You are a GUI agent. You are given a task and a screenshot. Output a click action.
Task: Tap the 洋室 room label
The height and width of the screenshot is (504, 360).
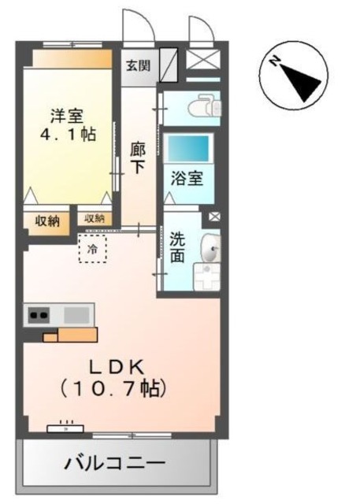pyautogui.click(x=61, y=114)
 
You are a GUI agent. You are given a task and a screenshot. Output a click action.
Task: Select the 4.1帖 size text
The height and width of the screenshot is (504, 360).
pyautogui.click(x=69, y=134)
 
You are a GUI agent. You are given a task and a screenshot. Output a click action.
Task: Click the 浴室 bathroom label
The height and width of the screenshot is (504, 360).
pyautogui.click(x=187, y=179)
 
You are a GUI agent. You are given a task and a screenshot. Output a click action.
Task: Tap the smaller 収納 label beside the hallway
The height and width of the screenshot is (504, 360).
pyautogui.click(x=94, y=218)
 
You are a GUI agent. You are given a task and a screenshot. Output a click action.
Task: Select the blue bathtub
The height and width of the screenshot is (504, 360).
pyautogui.click(x=189, y=149)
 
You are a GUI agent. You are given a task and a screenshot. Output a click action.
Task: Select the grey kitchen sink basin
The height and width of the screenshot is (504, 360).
pyautogui.click(x=77, y=315)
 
